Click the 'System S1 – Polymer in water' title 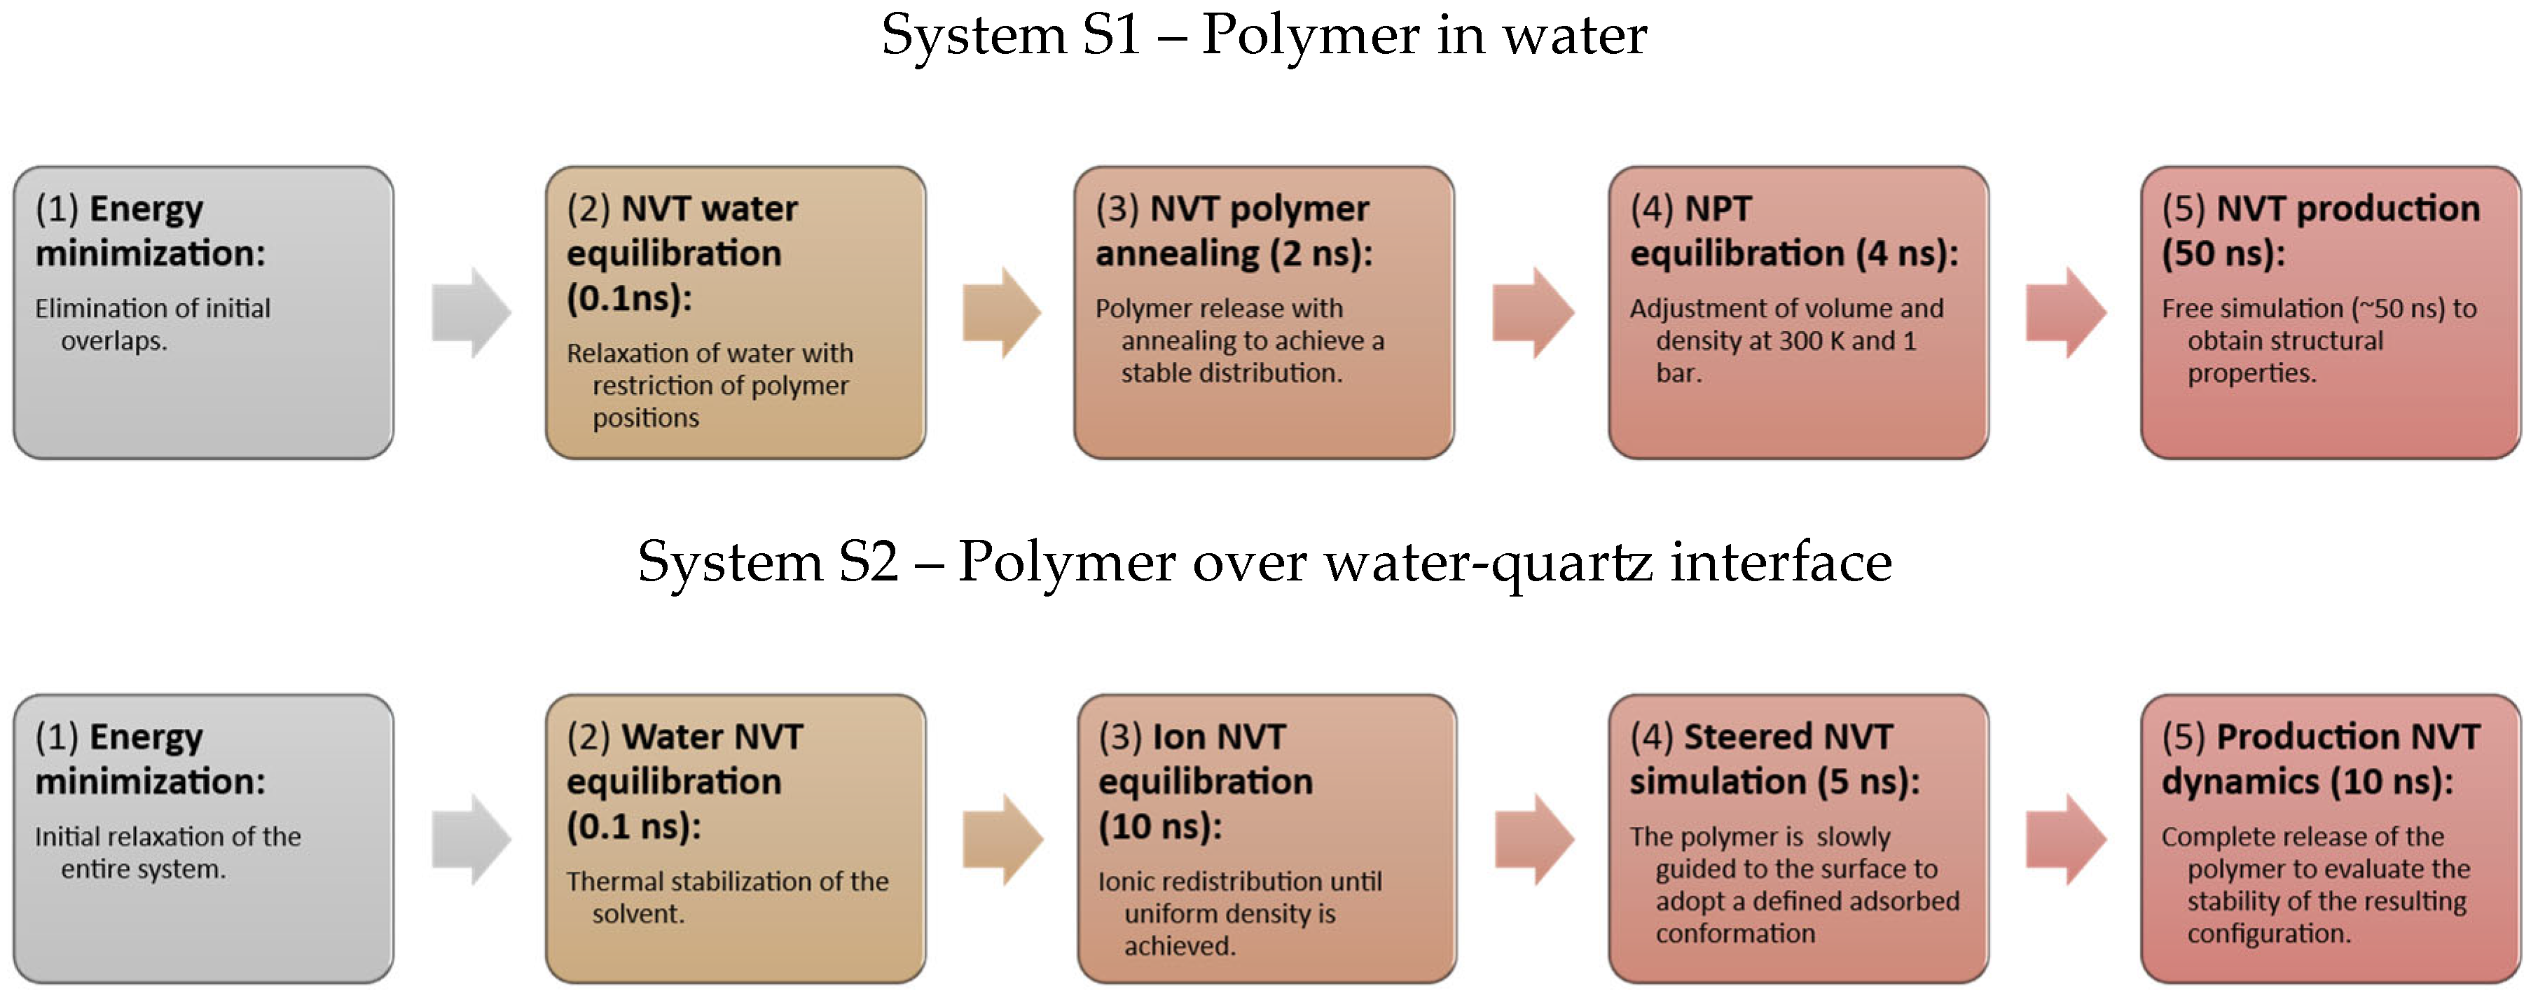(x=1264, y=35)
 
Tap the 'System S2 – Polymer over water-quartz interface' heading (x=1264, y=562)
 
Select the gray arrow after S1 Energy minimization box (x=471, y=312)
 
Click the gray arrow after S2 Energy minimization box (x=471, y=840)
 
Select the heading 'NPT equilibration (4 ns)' (x=1793, y=231)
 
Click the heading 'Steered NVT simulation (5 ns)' (x=1774, y=759)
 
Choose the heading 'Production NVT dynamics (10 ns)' (x=2319, y=759)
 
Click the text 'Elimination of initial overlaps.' (x=152, y=324)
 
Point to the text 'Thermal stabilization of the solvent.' (x=727, y=897)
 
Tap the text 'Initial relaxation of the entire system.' (x=167, y=853)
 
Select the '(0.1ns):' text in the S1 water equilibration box (x=629, y=298)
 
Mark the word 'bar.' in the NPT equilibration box (x=1678, y=373)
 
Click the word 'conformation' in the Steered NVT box (x=1735, y=933)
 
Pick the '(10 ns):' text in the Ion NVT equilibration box (x=1159, y=827)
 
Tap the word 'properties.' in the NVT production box (x=2251, y=373)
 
